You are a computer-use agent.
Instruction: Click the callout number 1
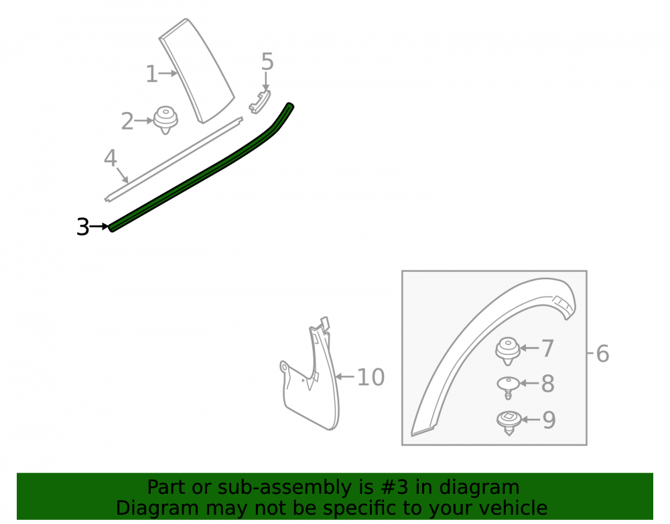click(x=151, y=74)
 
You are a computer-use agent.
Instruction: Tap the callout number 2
click(x=127, y=121)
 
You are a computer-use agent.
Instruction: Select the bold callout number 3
click(x=83, y=227)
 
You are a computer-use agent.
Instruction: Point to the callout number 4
click(x=111, y=158)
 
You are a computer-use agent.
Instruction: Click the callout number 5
click(x=267, y=62)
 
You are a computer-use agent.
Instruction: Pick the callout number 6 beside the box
click(x=602, y=354)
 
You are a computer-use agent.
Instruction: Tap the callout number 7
click(x=548, y=348)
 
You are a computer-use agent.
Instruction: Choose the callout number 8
click(x=548, y=384)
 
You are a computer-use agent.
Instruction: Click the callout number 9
click(x=549, y=420)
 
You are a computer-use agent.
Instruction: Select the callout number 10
click(x=371, y=377)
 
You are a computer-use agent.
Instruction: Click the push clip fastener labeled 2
click(x=165, y=120)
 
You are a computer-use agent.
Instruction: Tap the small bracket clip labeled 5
click(x=260, y=103)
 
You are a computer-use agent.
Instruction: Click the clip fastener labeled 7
click(x=508, y=351)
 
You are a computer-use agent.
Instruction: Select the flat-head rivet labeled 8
click(x=508, y=386)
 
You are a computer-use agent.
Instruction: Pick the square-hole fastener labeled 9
click(x=509, y=422)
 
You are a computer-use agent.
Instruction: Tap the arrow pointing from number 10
click(x=345, y=377)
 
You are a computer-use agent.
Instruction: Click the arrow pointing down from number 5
click(x=266, y=81)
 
